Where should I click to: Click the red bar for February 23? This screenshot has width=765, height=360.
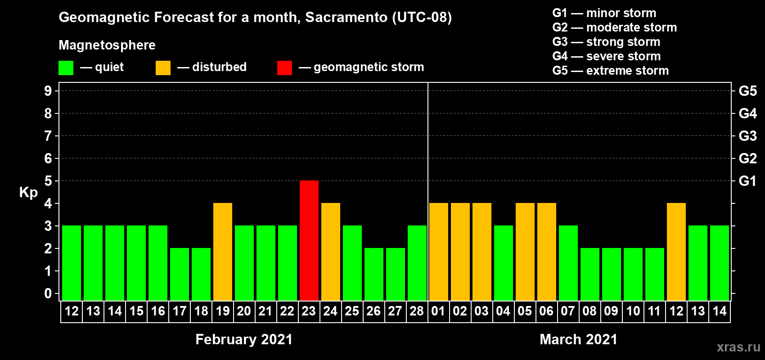tap(309, 240)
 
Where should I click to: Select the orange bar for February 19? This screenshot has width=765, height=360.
tap(223, 252)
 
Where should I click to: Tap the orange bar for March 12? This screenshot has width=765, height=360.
tap(676, 252)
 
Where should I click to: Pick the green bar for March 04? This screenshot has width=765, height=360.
tap(504, 263)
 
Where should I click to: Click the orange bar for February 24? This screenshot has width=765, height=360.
tap(331, 252)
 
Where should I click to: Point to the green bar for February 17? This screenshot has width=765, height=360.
tap(180, 274)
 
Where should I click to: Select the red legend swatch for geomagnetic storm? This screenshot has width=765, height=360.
tap(285, 67)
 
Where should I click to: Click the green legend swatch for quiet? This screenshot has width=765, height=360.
tap(66, 67)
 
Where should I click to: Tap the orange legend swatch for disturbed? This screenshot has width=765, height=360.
tap(163, 67)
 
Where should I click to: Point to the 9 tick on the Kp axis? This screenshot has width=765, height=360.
tap(48, 91)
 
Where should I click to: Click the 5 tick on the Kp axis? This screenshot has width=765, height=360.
tap(48, 181)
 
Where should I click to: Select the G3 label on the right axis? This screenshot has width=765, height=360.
tap(748, 136)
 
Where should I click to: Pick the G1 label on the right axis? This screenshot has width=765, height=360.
tap(747, 181)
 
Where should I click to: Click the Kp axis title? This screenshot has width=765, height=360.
tap(28, 193)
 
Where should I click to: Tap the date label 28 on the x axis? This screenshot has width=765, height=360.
tap(417, 311)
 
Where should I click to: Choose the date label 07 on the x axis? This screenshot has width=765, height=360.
tap(568, 311)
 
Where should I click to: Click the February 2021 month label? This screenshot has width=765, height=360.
tap(244, 339)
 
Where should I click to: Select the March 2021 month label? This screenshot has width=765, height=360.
tap(579, 339)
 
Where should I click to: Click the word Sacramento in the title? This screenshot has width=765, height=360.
tap(346, 17)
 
